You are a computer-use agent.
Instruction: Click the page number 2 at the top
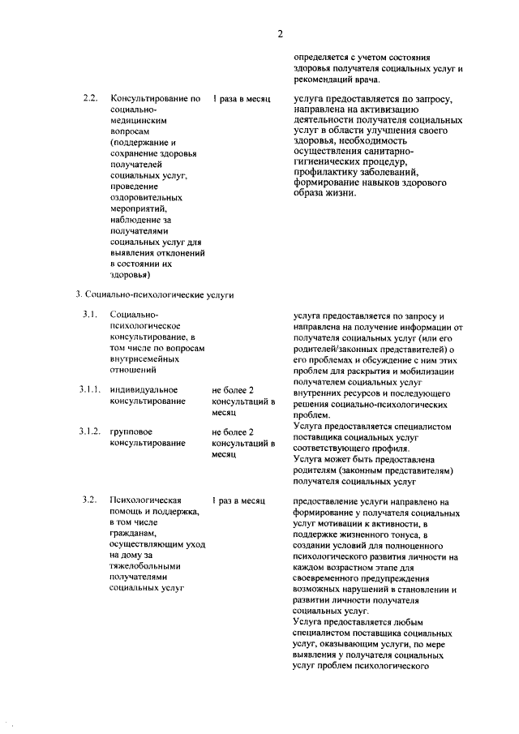pyautogui.click(x=279, y=34)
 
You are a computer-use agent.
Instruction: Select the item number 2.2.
pyautogui.click(x=91, y=98)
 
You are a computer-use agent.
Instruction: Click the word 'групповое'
pyautogui.click(x=131, y=431)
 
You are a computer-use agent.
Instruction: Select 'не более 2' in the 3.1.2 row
pyautogui.click(x=233, y=431)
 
